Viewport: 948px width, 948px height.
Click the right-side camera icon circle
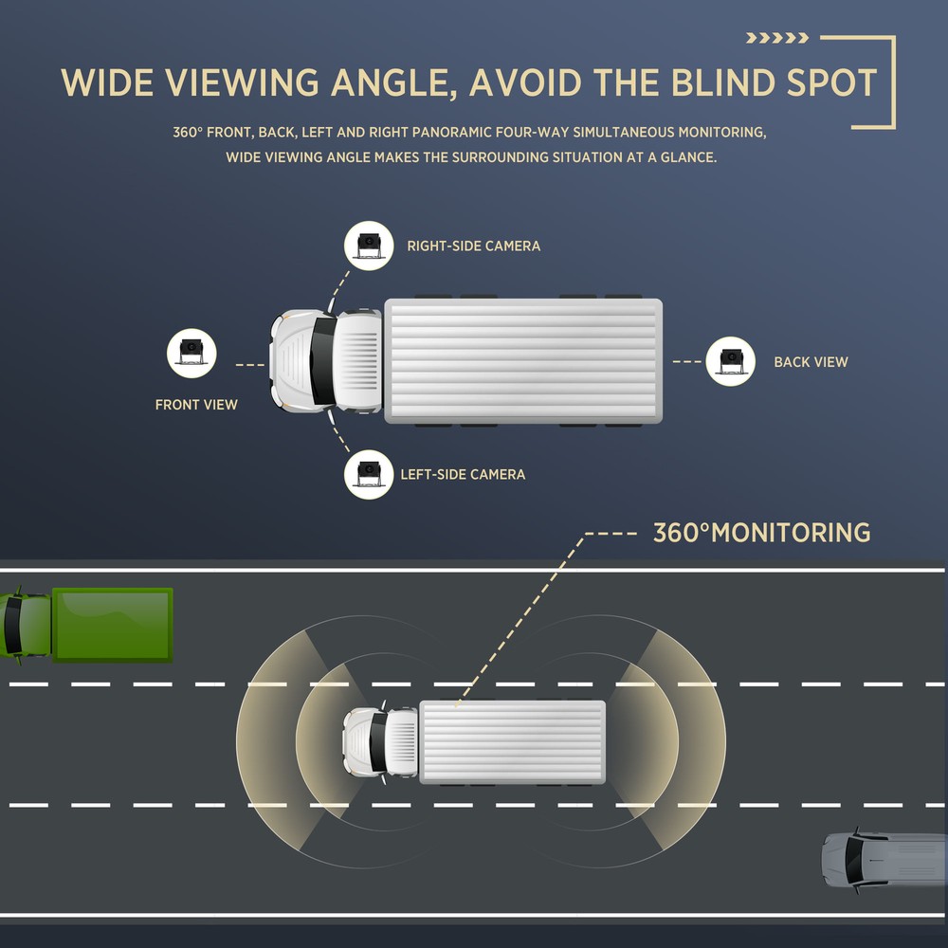tap(369, 246)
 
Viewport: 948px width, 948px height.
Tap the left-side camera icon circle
tap(369, 475)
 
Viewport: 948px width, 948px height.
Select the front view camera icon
tap(191, 354)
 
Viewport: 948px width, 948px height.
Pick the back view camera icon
tap(730, 361)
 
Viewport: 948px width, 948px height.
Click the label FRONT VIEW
tap(196, 405)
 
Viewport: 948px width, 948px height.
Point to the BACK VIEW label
tap(811, 361)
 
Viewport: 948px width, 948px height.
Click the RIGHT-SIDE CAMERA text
tap(473, 246)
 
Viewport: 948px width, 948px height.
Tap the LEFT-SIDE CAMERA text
tap(463, 475)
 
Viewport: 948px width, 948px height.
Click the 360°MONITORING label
tap(762, 533)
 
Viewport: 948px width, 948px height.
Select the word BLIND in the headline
tap(723, 82)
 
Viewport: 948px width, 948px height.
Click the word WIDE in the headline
tap(107, 82)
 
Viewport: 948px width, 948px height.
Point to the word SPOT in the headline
tap(832, 82)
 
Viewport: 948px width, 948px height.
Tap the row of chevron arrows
tap(777, 38)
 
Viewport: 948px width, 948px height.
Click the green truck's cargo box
tap(113, 625)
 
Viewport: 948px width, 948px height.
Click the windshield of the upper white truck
tap(323, 361)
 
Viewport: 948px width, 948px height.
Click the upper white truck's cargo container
tap(523, 361)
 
